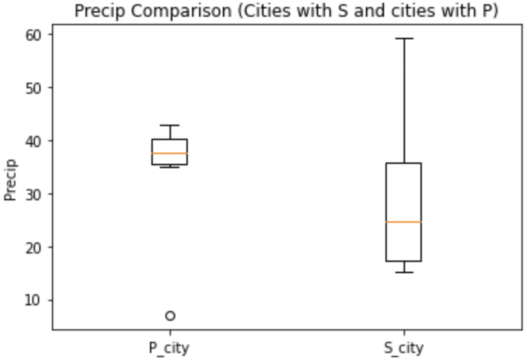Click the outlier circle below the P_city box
[170, 316]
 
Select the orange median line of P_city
[170, 153]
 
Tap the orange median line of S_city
[404, 222]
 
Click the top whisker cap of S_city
[404, 39]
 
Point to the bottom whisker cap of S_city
[404, 272]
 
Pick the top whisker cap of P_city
[170, 125]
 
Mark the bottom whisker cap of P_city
[170, 167]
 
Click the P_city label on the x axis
[170, 347]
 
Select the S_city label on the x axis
[404, 347]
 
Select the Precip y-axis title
[11, 181]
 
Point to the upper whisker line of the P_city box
[170, 132]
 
